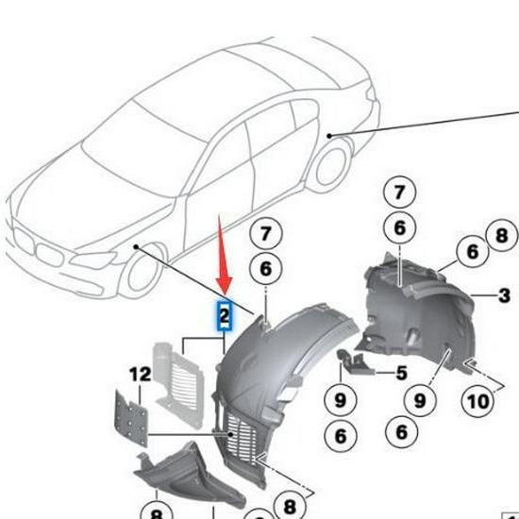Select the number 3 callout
coord(504,296)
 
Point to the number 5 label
coord(401,373)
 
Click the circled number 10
coord(478,401)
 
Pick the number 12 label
coord(140,375)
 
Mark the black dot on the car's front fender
coord(136,247)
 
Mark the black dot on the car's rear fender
coord(329,137)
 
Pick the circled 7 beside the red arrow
coord(265,233)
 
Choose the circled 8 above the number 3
coord(500,235)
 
